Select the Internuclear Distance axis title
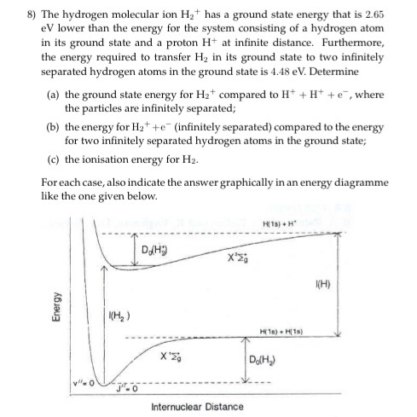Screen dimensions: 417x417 point(198,406)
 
